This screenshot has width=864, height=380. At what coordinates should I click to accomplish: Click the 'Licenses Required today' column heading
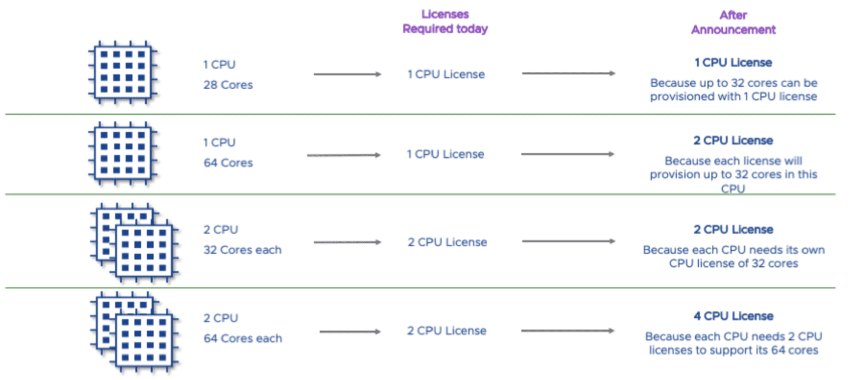coord(445,21)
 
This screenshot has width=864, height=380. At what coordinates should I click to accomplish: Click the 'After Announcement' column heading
coord(733,22)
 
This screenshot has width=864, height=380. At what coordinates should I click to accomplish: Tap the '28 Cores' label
coord(228,85)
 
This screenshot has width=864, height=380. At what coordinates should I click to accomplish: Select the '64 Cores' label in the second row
coord(228,163)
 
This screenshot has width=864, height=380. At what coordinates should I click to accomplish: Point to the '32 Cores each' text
coord(242,250)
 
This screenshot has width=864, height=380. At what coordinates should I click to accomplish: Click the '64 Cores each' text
coord(242,338)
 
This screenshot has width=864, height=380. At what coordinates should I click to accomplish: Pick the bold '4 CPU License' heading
coord(733,316)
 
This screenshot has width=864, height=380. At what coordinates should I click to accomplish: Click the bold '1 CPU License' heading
coord(733,62)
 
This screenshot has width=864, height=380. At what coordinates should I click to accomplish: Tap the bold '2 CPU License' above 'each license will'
coord(733,141)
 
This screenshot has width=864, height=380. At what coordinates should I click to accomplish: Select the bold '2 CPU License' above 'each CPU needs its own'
coord(733,229)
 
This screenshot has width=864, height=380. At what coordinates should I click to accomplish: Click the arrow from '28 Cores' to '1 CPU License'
coord(347,74)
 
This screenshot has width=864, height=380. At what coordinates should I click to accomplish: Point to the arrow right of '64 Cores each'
coord(350,332)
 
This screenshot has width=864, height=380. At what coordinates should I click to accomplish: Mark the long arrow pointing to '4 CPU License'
coord(568,331)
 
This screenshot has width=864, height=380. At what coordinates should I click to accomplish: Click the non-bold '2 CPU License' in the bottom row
coord(447,331)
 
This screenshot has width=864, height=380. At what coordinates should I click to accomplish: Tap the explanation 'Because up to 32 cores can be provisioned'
coord(733,90)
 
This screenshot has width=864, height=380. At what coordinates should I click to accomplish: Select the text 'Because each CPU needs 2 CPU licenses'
coord(733,343)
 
